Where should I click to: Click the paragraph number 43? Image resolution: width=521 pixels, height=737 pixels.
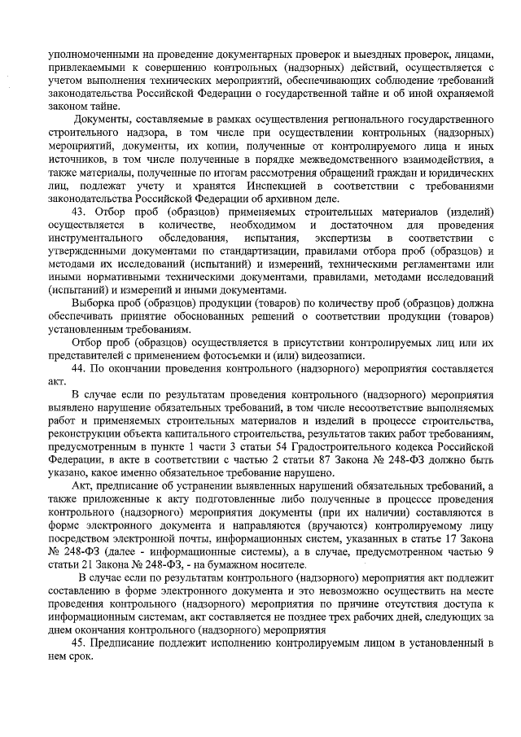pyautogui.click(x=79, y=213)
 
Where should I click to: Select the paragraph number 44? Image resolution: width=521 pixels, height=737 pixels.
pyautogui.click(x=79, y=368)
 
